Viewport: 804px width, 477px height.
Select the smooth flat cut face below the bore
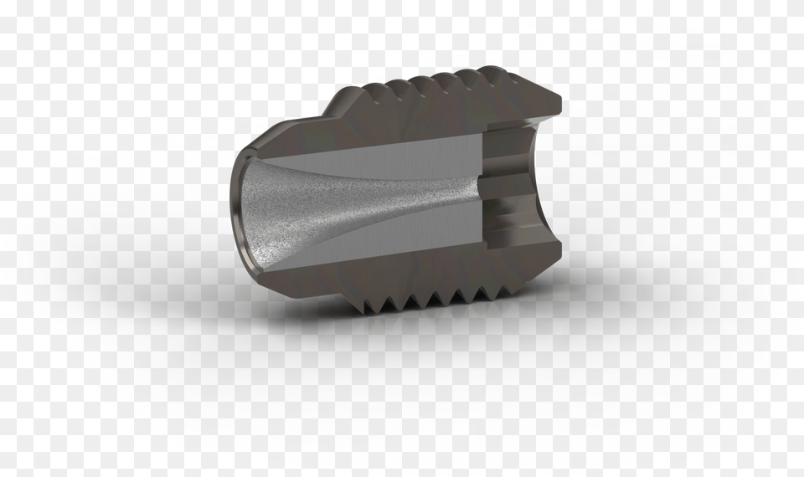377,248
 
